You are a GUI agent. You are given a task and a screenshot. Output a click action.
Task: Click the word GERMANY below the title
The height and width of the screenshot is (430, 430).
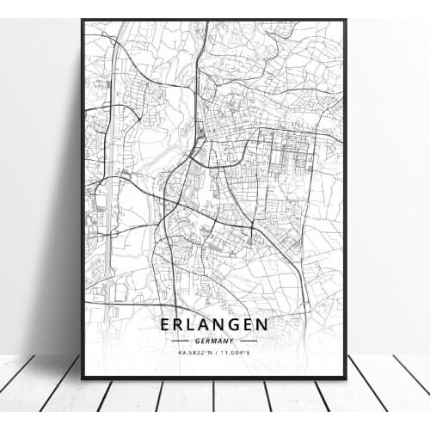click(x=213, y=340)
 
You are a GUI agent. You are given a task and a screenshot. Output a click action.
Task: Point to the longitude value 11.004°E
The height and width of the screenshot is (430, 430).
click(x=234, y=351)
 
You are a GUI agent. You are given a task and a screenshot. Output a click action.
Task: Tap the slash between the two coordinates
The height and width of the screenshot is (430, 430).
click(x=215, y=351)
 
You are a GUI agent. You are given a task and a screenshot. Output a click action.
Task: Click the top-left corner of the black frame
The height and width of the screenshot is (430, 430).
click(x=83, y=21)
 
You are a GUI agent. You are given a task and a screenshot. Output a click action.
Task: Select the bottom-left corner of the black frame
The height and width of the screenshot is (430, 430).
click(x=83, y=377)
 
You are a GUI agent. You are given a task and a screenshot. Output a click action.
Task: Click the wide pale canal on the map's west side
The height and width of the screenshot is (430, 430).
click(x=108, y=215)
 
